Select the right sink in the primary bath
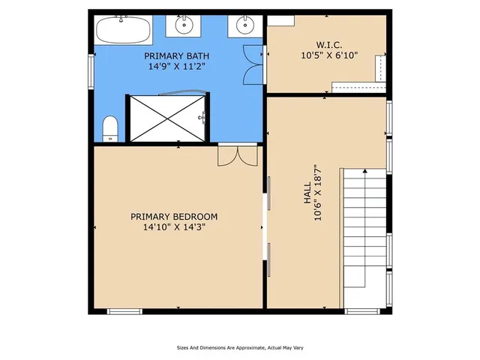pyautogui.click(x=245, y=25)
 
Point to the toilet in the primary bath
pyautogui.click(x=110, y=128)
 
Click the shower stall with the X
pyautogui.click(x=166, y=118)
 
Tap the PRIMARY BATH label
pyautogui.click(x=177, y=55)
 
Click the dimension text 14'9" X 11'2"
pyautogui.click(x=177, y=66)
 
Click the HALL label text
pyautogui.click(x=307, y=196)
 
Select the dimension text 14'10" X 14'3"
pyautogui.click(x=178, y=227)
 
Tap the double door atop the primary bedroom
pyautogui.click(x=238, y=155)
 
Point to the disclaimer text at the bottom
pyautogui.click(x=240, y=347)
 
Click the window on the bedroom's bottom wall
pyautogui.click(x=124, y=310)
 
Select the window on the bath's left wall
pyautogui.click(x=92, y=73)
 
